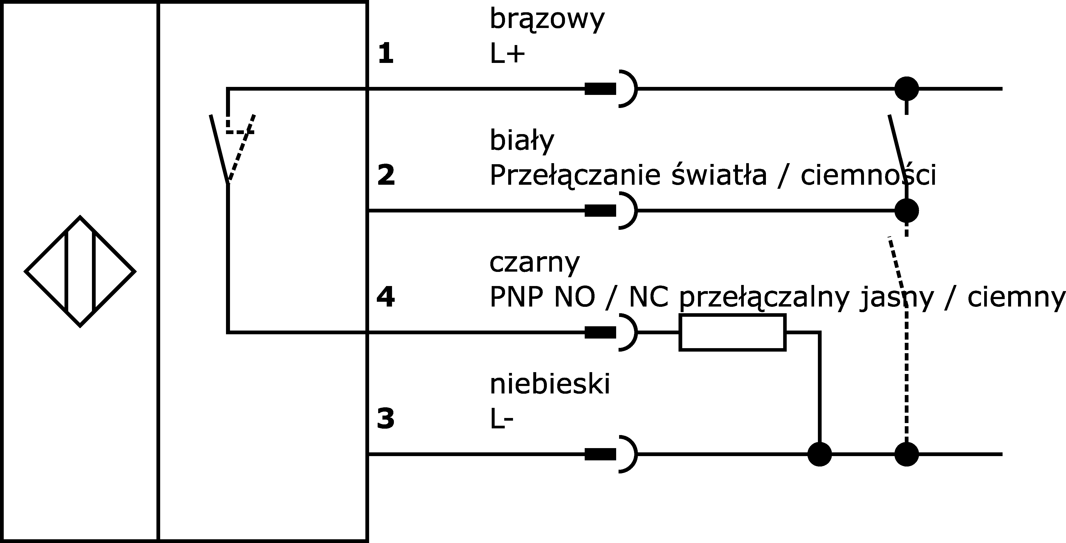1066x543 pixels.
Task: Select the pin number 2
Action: [386, 175]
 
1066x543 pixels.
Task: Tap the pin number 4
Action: [386, 297]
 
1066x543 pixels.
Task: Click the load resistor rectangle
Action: [732, 332]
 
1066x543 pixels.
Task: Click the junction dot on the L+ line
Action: [907, 89]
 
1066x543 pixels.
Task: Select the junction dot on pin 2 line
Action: [907, 211]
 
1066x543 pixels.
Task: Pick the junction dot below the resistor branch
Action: [820, 454]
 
